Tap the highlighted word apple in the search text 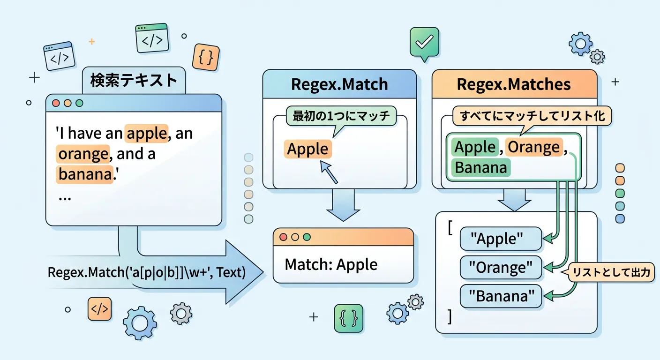[146, 134]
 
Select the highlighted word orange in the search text [82, 154]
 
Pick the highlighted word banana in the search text [85, 174]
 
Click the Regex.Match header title [339, 84]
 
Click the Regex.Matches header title [514, 84]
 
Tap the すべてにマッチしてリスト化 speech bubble [532, 116]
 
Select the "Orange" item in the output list [501, 268]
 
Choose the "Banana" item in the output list [501, 296]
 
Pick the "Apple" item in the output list [501, 239]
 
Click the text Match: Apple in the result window [331, 264]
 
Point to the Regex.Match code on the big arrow [147, 272]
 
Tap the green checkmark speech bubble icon [424, 42]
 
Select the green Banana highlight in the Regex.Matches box [480, 167]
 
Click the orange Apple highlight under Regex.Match [307, 149]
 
